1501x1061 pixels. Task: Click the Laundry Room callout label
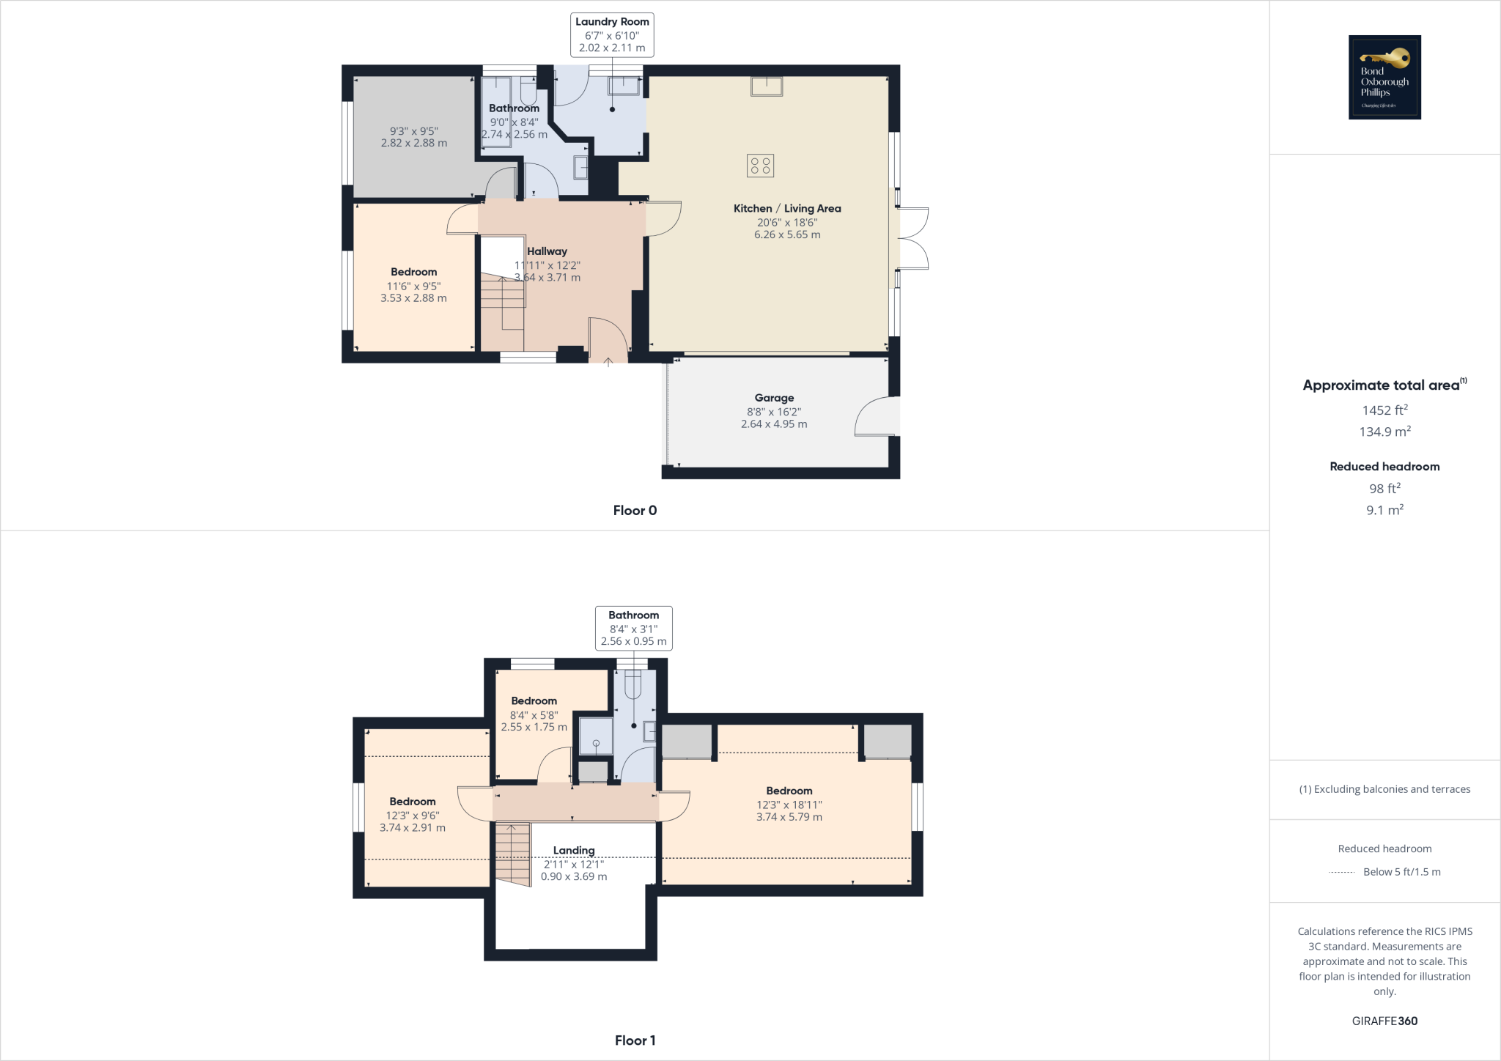click(612, 22)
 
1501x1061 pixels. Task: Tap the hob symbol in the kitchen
click(760, 166)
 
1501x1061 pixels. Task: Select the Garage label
click(774, 398)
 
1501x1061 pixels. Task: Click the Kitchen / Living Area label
click(787, 209)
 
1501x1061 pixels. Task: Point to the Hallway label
click(547, 251)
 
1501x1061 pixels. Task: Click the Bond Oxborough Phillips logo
click(1384, 77)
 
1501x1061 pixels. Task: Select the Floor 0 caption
click(635, 511)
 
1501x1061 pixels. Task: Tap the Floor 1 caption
click(635, 1040)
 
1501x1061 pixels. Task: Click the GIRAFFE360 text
click(1384, 1021)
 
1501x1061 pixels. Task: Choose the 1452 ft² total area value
click(1384, 410)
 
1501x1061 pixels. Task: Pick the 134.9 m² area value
click(1384, 432)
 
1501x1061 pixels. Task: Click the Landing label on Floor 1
click(574, 851)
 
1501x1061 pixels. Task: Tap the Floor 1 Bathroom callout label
click(633, 615)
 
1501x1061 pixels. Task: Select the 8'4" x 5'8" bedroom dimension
click(534, 715)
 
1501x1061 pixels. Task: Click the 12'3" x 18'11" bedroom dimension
click(789, 805)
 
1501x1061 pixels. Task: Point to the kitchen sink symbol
click(767, 86)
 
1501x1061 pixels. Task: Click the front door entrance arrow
click(608, 361)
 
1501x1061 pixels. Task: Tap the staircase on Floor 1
click(513, 854)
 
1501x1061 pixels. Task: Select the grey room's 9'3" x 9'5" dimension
click(413, 131)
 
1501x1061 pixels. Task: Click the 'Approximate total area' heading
click(1381, 385)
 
